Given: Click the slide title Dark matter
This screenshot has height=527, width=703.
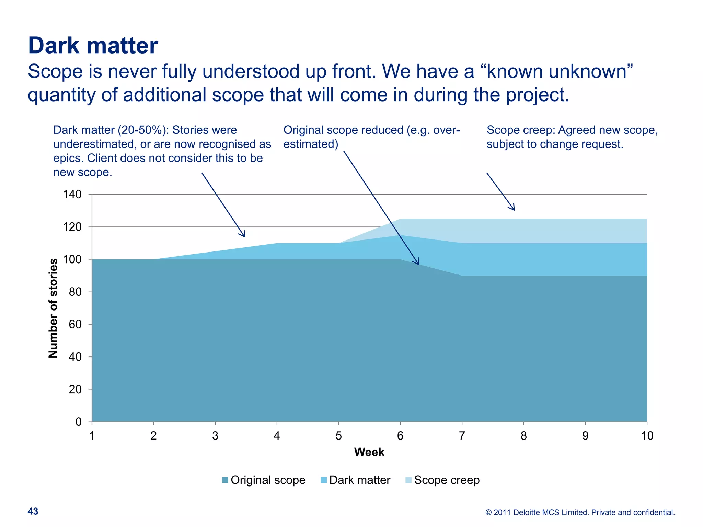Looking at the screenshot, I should point(93,45).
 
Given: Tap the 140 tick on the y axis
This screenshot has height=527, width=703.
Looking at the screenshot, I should point(72,195).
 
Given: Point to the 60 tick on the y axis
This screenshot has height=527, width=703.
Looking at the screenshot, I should point(75,324).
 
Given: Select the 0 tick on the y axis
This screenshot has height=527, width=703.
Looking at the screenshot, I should point(78,422).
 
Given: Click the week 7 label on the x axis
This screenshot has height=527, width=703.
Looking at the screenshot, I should point(462,436).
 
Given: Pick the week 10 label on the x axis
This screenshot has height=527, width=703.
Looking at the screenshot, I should point(647,436).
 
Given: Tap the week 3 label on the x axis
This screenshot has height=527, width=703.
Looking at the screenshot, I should point(215,436).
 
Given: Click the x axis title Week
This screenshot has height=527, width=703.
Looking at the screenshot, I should point(369,452).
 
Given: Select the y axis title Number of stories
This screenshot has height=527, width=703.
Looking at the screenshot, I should point(53,308).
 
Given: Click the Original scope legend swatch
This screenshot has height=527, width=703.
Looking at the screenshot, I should point(225,480).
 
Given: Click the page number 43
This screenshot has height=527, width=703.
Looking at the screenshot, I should point(33,511).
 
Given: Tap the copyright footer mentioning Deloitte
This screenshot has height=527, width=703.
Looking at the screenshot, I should point(580,512).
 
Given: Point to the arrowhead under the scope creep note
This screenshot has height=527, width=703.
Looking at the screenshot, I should point(513,208).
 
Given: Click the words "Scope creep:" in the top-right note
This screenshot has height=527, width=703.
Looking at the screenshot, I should point(521,130).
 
